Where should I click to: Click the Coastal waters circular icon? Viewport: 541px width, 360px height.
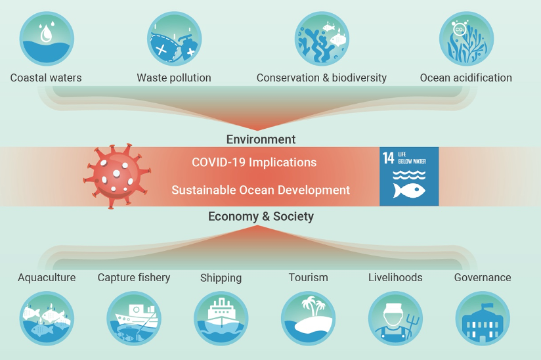coord(46,37)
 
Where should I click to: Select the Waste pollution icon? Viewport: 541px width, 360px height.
coord(173,37)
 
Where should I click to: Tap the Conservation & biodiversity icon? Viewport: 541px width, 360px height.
coord(322,37)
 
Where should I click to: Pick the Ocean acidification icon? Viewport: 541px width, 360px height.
coord(465,37)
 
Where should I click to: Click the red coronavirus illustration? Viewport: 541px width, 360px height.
coord(117,177)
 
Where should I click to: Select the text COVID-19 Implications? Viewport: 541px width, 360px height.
coord(254,162)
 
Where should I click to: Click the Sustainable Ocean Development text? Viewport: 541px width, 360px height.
coord(261,190)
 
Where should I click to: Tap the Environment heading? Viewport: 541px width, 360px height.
coord(261,139)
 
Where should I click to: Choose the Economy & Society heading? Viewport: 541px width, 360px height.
coord(261,217)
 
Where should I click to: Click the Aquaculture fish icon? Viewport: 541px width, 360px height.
coord(46,319)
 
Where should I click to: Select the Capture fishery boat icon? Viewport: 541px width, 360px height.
coord(134,319)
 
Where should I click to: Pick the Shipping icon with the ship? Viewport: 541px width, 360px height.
coord(221,319)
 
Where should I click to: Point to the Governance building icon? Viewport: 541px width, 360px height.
coord(483,319)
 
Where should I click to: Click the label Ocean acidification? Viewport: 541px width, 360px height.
coord(465,78)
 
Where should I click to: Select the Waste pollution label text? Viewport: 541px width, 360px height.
coord(174,78)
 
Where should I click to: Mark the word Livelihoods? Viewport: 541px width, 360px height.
coord(395,277)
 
